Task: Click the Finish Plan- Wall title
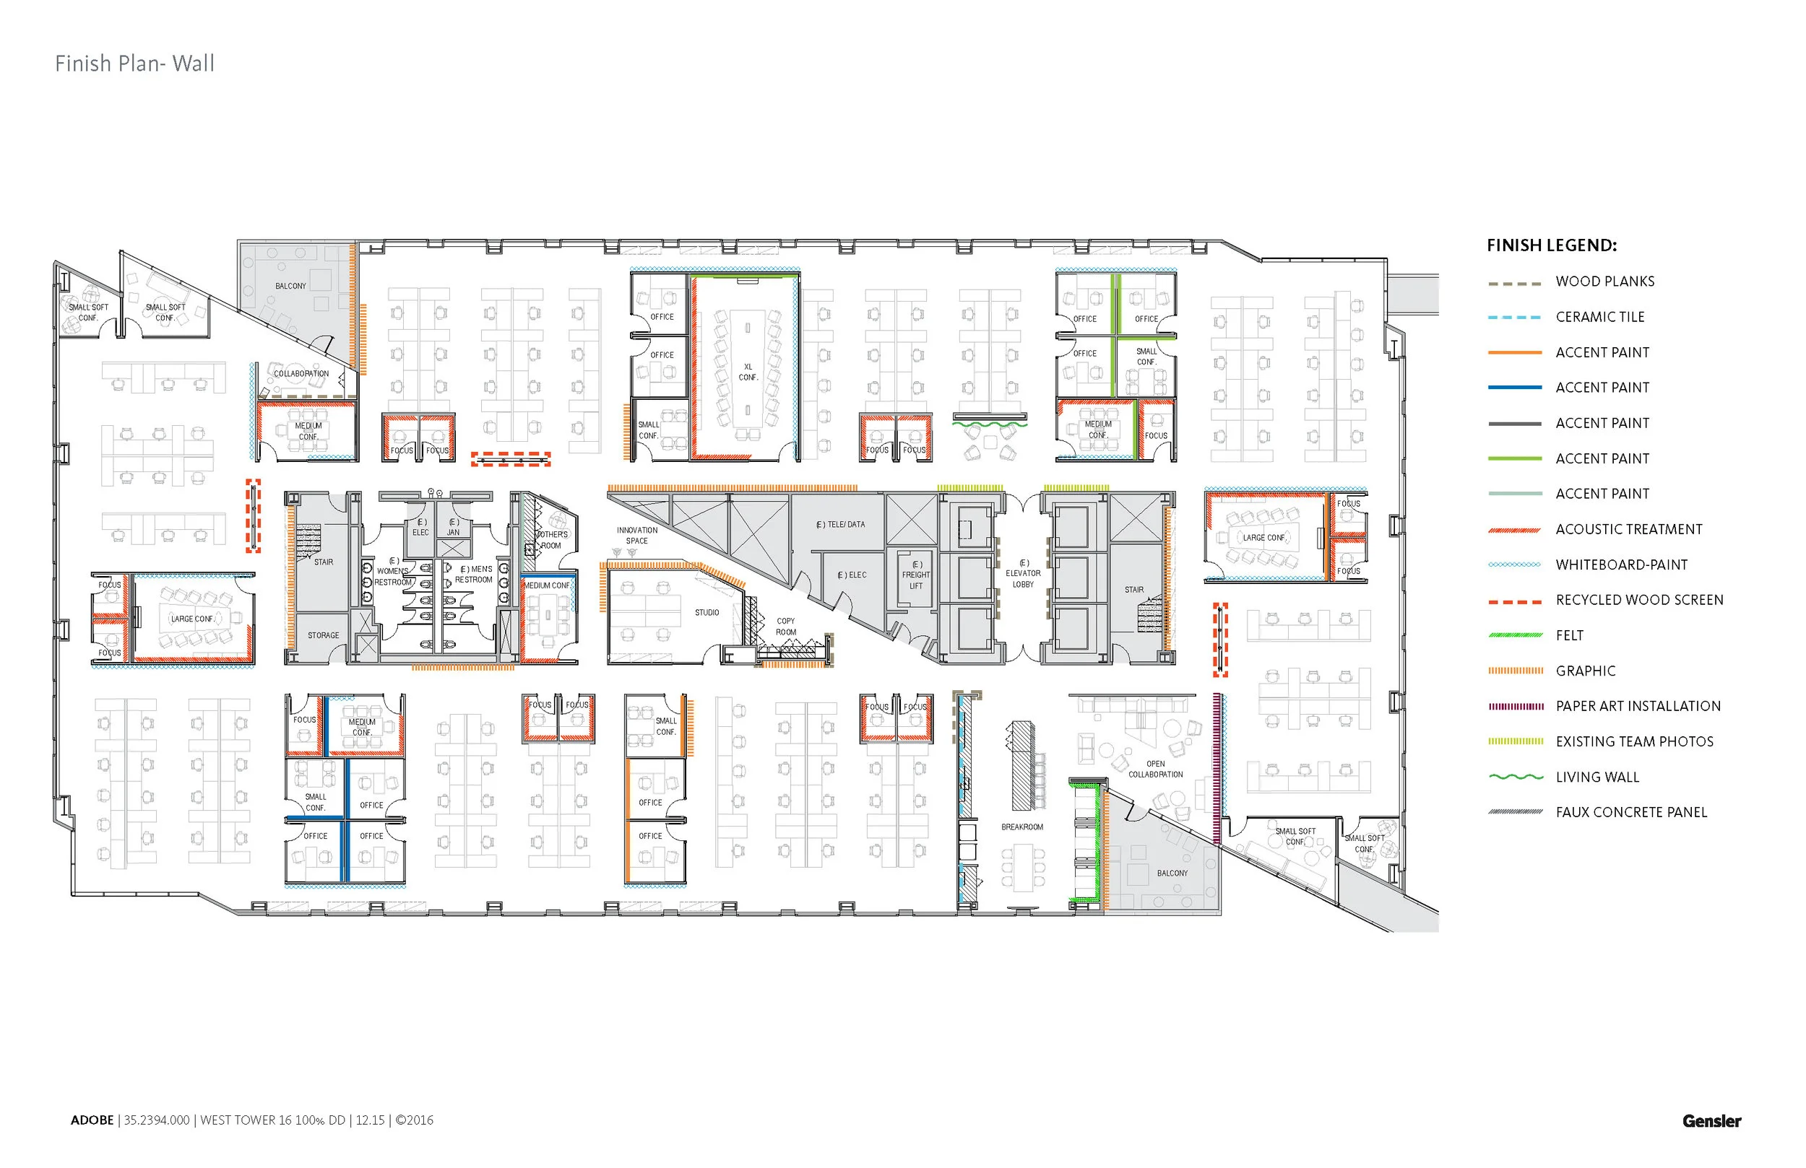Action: coord(134,63)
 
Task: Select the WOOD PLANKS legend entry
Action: coord(1604,282)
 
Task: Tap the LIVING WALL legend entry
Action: coord(1597,777)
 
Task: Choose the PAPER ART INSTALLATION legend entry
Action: coord(1638,706)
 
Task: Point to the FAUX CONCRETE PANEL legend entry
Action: coord(1630,812)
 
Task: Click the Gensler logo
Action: coord(1711,1121)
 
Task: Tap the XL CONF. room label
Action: coord(748,372)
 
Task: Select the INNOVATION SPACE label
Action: coord(636,536)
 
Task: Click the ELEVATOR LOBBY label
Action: coord(1022,573)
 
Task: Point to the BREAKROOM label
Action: coord(1021,827)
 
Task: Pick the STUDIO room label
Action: coord(707,612)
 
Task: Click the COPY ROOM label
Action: coord(785,627)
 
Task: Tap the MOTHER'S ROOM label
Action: coord(552,540)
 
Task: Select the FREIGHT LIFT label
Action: coord(916,575)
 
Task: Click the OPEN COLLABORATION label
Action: coord(1155,769)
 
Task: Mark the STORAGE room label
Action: coord(323,635)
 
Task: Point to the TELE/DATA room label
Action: coord(840,525)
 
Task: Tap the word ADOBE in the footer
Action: coord(92,1120)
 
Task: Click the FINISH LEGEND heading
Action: coord(1551,245)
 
